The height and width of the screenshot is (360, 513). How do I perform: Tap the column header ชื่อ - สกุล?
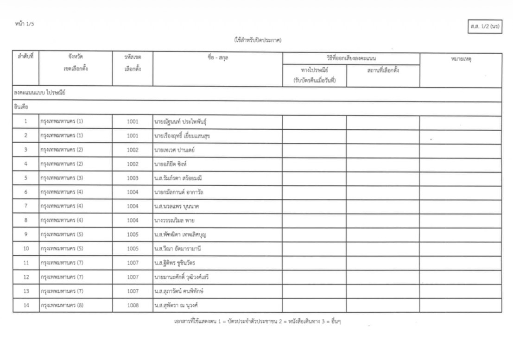(x=217, y=58)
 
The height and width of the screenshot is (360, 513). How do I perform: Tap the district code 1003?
(x=133, y=178)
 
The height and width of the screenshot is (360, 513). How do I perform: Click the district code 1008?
(x=133, y=305)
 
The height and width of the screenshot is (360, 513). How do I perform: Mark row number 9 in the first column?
(x=26, y=234)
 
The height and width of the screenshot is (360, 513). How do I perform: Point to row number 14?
(x=26, y=305)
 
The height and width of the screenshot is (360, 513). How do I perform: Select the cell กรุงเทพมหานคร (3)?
(x=62, y=178)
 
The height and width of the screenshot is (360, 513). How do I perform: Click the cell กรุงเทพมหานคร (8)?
(x=62, y=305)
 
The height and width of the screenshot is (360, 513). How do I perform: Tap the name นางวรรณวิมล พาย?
(x=174, y=221)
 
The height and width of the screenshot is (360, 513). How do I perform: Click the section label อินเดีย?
(x=21, y=107)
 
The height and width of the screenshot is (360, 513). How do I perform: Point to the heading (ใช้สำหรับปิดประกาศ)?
(x=258, y=40)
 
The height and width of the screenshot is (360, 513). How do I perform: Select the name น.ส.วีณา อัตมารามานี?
(x=177, y=249)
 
